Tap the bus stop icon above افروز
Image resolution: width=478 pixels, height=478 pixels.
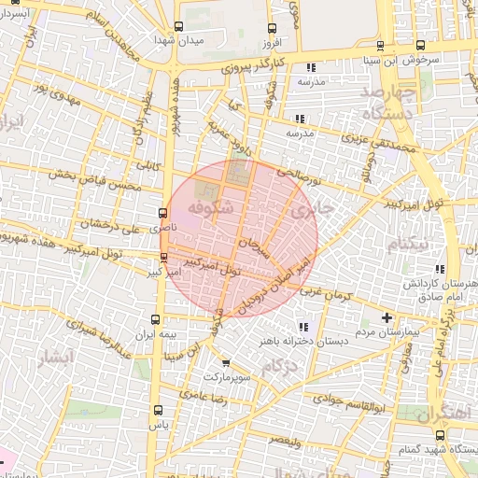point(272,29)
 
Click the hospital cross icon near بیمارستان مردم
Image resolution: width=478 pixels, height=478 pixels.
point(387,318)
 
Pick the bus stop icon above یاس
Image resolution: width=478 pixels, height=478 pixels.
point(157,409)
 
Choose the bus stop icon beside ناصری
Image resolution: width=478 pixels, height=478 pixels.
point(163,213)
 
